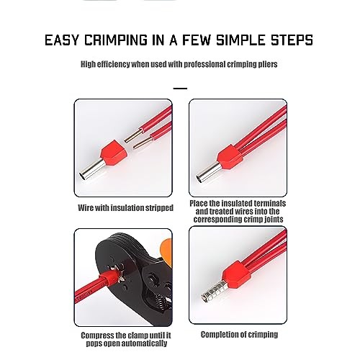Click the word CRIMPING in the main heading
point(116,40)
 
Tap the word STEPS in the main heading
point(292,40)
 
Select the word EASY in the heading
point(62,40)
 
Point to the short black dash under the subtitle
point(180,89)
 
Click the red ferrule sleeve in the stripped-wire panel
point(113,153)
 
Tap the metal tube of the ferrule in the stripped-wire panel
point(92,170)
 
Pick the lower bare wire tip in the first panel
point(142,143)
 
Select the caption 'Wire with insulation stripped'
point(125,208)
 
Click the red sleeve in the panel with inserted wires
point(230,157)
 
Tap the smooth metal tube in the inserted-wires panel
point(208,173)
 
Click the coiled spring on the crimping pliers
point(161,301)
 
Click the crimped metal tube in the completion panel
point(215,291)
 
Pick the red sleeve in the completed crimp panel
point(236,274)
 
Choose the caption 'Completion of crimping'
point(239,335)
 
